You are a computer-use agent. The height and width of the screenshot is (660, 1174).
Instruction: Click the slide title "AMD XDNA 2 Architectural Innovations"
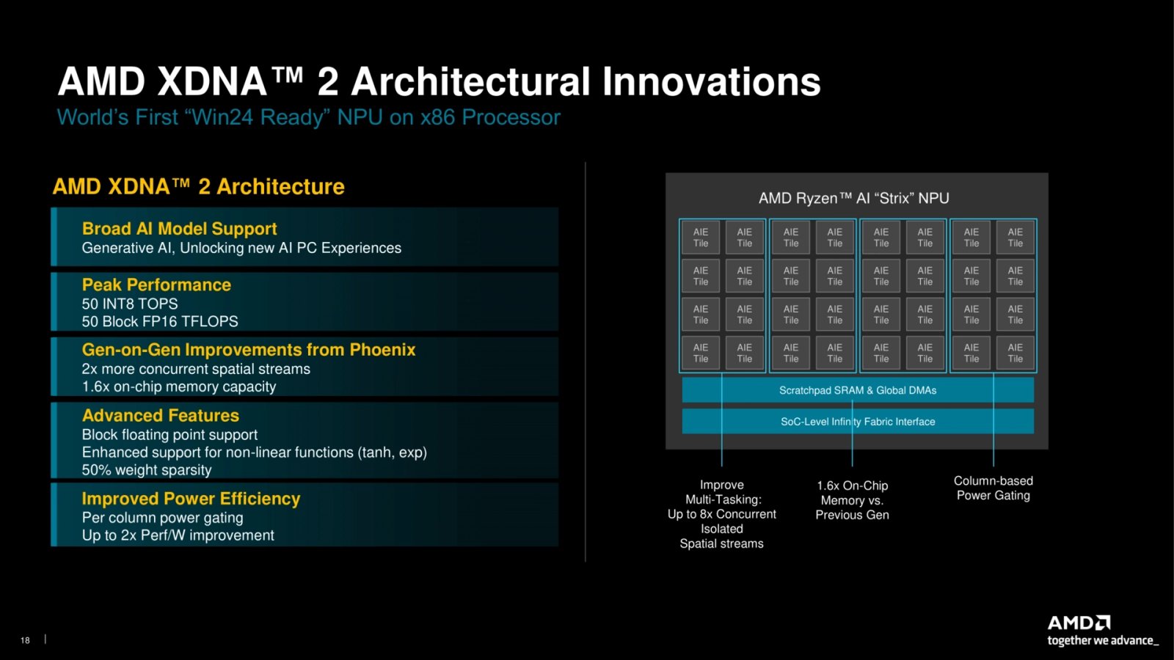(x=440, y=81)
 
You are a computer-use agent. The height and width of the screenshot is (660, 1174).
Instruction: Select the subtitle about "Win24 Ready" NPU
(x=309, y=117)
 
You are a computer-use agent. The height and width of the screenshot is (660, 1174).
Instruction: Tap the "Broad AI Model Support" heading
(x=179, y=229)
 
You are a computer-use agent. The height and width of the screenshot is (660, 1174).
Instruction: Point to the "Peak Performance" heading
(x=156, y=285)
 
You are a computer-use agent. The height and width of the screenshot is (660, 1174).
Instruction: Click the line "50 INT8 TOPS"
(x=129, y=304)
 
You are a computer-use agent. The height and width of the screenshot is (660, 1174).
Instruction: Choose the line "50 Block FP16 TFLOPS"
(x=160, y=322)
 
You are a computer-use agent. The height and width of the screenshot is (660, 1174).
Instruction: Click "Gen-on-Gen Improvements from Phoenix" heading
(x=249, y=349)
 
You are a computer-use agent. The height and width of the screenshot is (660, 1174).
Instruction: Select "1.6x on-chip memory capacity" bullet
(x=179, y=386)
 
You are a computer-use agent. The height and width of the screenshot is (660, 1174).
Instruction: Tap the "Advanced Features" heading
(x=161, y=415)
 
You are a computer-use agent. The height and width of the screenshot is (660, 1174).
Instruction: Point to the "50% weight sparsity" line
(x=147, y=470)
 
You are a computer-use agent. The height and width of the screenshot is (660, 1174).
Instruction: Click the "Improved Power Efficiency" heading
(x=191, y=499)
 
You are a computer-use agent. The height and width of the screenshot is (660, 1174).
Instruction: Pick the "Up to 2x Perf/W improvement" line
(x=178, y=535)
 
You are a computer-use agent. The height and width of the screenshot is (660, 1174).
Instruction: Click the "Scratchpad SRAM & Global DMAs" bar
(x=858, y=390)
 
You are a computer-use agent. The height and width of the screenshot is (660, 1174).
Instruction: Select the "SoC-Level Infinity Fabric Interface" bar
(x=858, y=422)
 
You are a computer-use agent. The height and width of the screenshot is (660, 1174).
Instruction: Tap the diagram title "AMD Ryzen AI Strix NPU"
(x=854, y=199)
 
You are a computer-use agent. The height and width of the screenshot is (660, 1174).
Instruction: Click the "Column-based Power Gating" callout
(x=993, y=488)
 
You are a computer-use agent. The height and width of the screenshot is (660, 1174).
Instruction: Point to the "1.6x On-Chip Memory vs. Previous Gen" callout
(x=852, y=500)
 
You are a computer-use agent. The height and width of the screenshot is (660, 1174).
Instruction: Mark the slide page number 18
(x=25, y=640)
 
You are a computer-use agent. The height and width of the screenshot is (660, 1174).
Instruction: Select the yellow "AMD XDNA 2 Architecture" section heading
(x=199, y=187)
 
